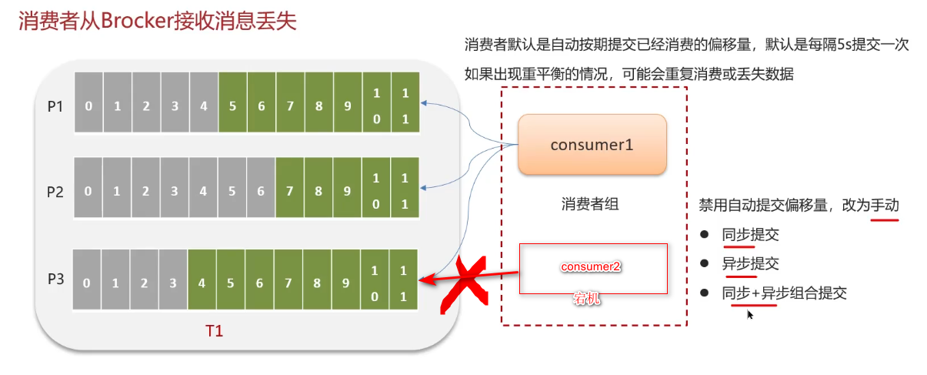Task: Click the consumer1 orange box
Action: point(592,144)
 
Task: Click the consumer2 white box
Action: point(592,268)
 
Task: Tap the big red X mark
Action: point(465,283)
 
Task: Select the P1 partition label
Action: point(55,106)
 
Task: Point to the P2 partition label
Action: point(55,192)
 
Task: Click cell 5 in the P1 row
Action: point(232,106)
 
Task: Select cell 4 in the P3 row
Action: point(202,283)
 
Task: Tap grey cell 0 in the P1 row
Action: point(88,106)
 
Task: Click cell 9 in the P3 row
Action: point(346,283)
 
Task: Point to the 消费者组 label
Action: point(590,204)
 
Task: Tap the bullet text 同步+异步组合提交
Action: point(784,293)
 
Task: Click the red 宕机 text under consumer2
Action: point(586,299)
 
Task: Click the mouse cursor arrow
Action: point(750,314)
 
